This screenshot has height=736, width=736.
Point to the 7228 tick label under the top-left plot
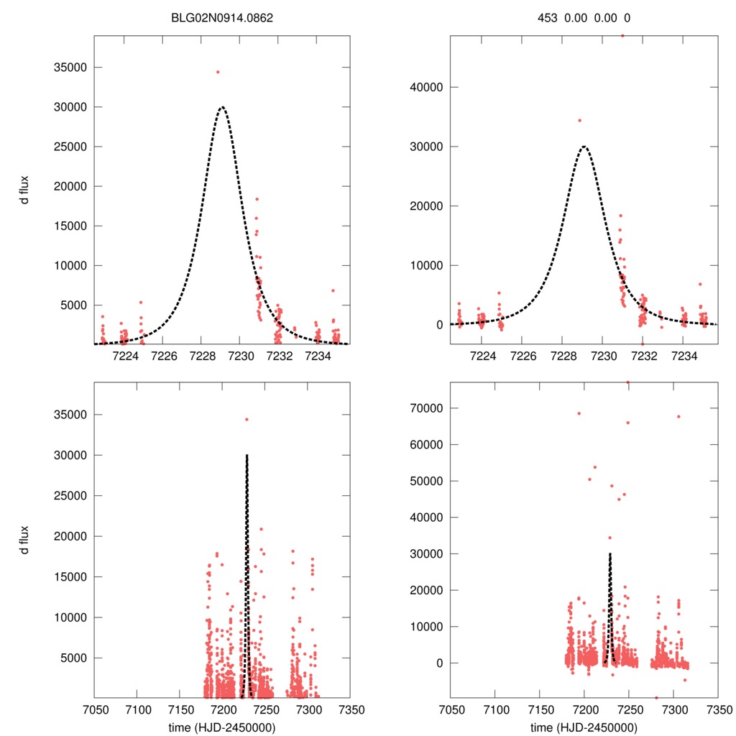pyautogui.click(x=203, y=356)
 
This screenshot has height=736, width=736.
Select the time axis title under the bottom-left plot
pyautogui.click(x=222, y=727)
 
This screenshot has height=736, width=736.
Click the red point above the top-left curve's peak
pyautogui.click(x=218, y=72)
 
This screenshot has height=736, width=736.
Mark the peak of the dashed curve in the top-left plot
pyautogui.click(x=222, y=107)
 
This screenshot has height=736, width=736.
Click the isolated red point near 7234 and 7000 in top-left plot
pyautogui.click(x=333, y=290)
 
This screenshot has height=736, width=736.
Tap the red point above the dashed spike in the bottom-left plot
pyautogui.click(x=247, y=419)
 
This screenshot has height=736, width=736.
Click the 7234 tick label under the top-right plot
pyautogui.click(x=684, y=356)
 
